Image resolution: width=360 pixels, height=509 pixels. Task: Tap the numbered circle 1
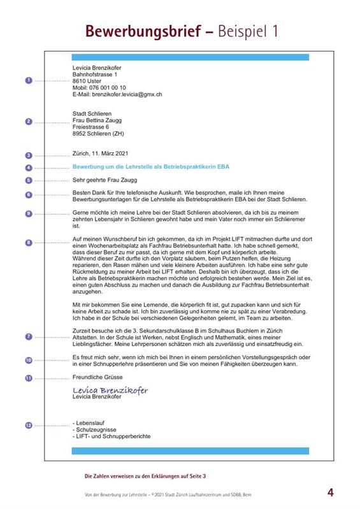[x=28, y=81]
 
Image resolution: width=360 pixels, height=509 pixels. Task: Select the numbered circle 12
[x=28, y=425]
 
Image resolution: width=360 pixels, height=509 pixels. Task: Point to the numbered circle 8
[x=28, y=243]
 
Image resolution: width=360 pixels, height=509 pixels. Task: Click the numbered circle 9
[x=28, y=213]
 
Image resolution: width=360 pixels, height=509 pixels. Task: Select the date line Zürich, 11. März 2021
[x=102, y=154]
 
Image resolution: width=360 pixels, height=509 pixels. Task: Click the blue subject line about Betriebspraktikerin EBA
[x=151, y=167]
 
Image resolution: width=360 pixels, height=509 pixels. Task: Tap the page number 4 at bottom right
[x=330, y=492]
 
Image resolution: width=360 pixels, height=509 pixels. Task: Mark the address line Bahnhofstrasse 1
[x=96, y=75]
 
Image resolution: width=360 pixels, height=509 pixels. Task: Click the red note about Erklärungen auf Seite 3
[x=145, y=476]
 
